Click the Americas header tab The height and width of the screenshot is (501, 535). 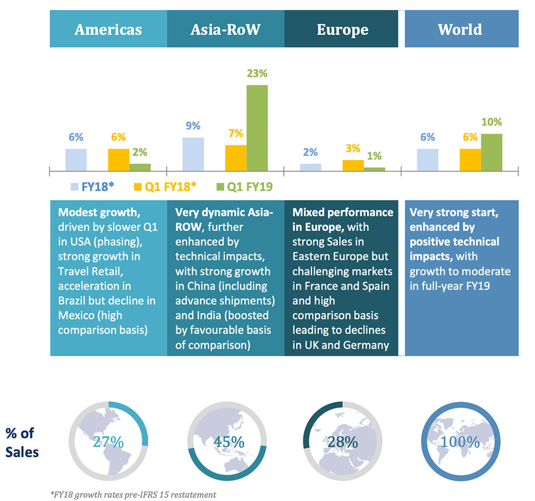click(108, 29)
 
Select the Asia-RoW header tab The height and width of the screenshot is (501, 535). click(225, 29)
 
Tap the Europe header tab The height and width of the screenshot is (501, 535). click(342, 29)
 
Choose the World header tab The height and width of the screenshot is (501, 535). click(460, 29)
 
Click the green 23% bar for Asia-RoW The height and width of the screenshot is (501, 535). click(257, 128)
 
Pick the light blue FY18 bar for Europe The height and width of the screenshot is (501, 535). click(310, 167)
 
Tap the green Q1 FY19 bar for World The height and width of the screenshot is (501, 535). click(492, 152)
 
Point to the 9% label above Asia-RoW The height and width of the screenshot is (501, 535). click(193, 126)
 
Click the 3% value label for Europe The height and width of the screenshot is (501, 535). click(352, 148)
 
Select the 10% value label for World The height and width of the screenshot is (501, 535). click(492, 122)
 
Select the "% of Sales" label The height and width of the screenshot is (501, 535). click(22, 442)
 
